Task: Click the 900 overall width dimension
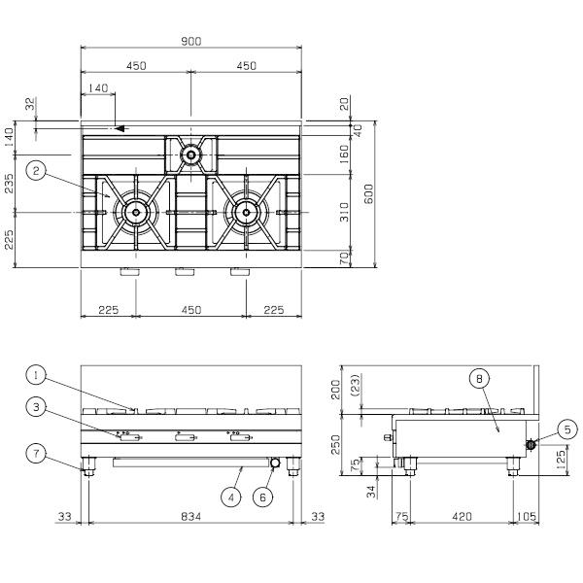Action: coord(191,41)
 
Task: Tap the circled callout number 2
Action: coord(36,171)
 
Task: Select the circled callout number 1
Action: coord(36,375)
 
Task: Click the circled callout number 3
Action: coord(36,407)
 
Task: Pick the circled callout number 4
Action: coord(231,497)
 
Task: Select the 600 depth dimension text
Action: coord(368,193)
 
